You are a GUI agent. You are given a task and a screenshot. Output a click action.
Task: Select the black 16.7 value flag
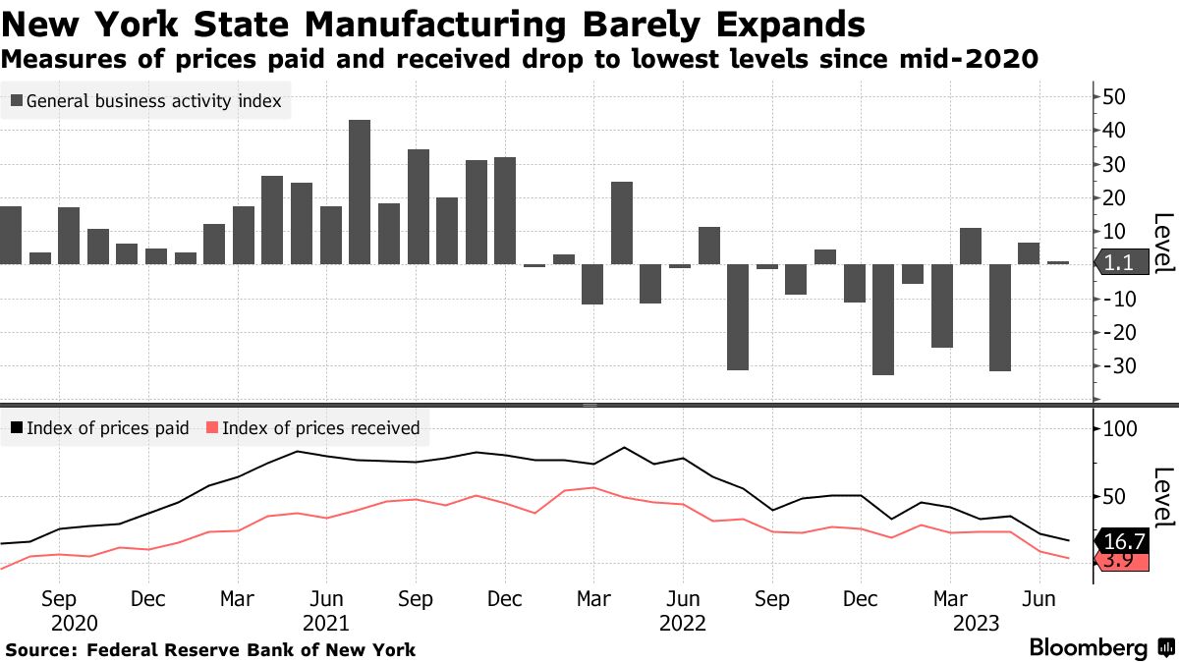click(1121, 541)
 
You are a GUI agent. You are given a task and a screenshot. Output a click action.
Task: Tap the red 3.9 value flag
click(1119, 561)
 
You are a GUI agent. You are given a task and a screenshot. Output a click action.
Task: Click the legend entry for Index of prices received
click(312, 428)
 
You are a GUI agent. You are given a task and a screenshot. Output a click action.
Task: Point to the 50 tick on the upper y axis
click(1114, 96)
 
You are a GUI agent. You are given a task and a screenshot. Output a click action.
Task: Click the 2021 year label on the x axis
click(325, 623)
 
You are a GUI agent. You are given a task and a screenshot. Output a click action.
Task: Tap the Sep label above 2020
click(59, 598)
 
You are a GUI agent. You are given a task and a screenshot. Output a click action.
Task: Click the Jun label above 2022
click(683, 598)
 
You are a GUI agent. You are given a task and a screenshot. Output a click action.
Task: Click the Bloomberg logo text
click(1088, 648)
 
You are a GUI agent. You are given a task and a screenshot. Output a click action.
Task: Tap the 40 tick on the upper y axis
click(1114, 130)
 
